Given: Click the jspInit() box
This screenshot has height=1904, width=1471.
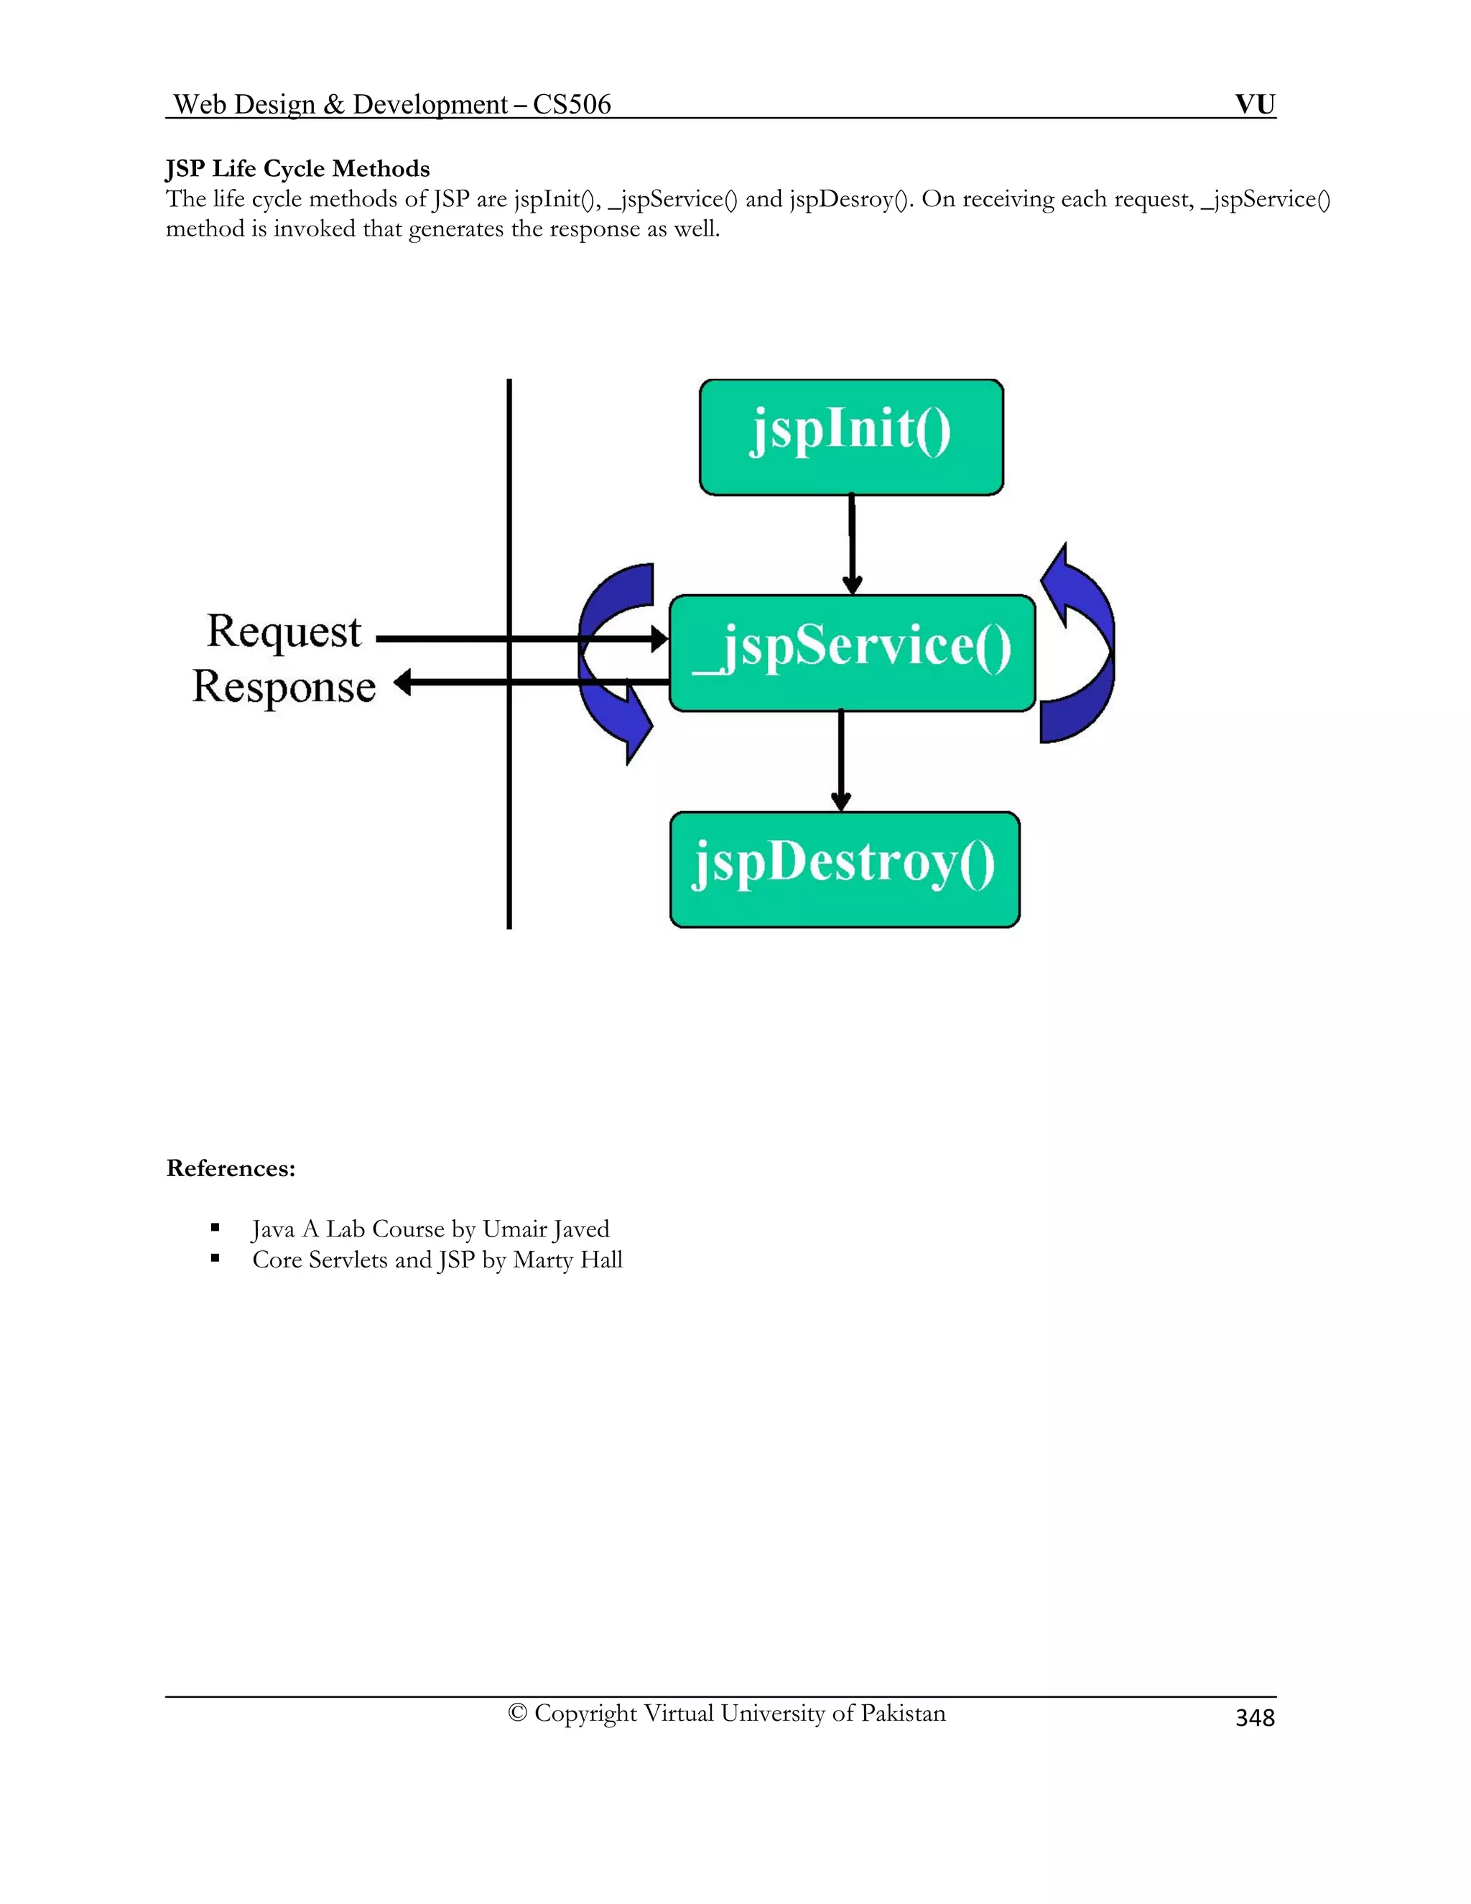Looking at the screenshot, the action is pyautogui.click(x=850, y=437).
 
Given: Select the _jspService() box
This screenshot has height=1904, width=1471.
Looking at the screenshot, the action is pyautogui.click(x=851, y=652).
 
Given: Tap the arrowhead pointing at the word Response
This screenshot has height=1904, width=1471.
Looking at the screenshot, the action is pyautogui.click(x=403, y=682).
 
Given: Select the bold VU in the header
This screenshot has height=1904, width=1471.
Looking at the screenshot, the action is pyautogui.click(x=1255, y=105).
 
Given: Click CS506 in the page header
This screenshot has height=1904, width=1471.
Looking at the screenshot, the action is pyautogui.click(x=572, y=105).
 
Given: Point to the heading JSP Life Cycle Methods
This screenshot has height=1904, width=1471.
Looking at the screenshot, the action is pyautogui.click(x=297, y=168).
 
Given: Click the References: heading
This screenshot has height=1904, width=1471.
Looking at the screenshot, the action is pyautogui.click(x=231, y=1168).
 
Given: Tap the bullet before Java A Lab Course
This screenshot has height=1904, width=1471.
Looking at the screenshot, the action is pyautogui.click(x=214, y=1227).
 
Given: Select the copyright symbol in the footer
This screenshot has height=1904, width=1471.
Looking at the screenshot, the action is pyautogui.click(x=518, y=1713).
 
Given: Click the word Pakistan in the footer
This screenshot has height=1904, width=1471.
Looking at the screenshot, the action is pyautogui.click(x=903, y=1713).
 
